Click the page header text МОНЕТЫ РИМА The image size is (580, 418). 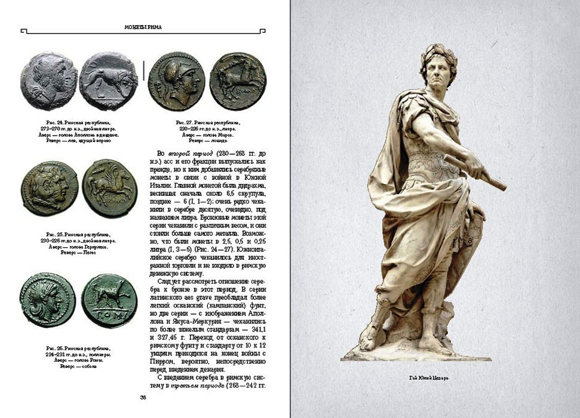pos(143,27)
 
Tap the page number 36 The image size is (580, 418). pos(143,398)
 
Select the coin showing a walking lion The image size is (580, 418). pos(108,81)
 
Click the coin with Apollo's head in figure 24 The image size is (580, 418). pos(49,81)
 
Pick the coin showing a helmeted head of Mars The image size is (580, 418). pos(176,81)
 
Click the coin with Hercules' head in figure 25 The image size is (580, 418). pos(49,188)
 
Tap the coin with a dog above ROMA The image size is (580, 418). pos(109,300)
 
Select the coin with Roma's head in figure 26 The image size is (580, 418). pos(48,300)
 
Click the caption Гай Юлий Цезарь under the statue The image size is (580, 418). pos(428,377)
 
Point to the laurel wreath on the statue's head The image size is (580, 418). pos(438,55)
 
